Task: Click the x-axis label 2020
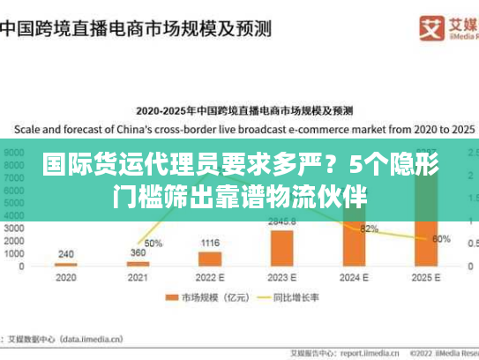tap(66, 277)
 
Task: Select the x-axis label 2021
tap(138, 277)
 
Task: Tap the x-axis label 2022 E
tap(210, 277)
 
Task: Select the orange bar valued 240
tap(66, 264)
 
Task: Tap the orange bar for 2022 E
tap(210, 259)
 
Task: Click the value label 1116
tap(210, 243)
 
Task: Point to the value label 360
tap(138, 253)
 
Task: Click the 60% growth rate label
tap(442, 238)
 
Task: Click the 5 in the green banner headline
tap(353, 165)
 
